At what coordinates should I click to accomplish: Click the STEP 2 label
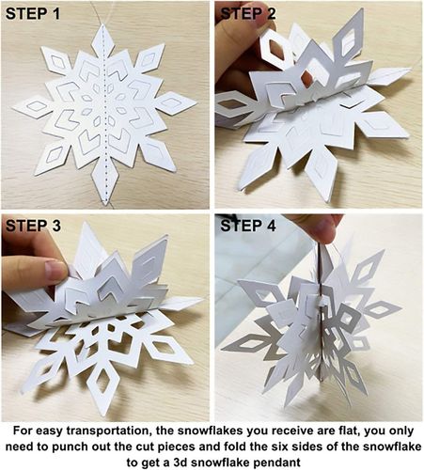pyautogui.click(x=252, y=16)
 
